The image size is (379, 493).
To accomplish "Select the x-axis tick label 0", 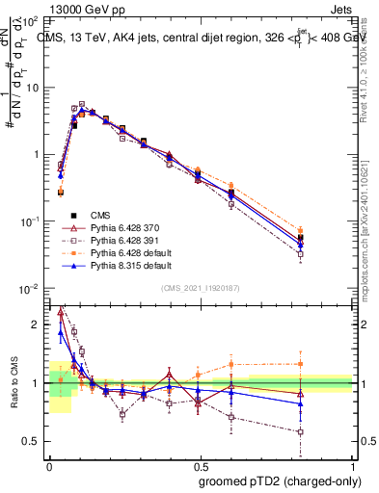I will coord(49,463).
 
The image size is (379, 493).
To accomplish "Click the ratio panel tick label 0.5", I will coord(32,441).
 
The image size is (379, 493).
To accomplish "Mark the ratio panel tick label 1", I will coord(37,383).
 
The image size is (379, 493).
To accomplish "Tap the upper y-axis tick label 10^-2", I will coord(29,289).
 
